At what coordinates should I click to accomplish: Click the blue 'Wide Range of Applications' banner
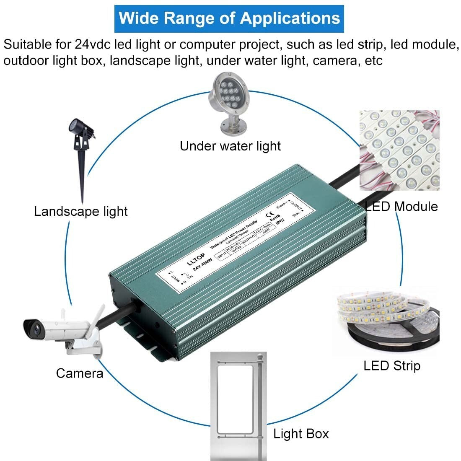(229, 19)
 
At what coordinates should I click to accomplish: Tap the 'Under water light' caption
(230, 146)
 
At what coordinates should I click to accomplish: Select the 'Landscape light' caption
(81, 211)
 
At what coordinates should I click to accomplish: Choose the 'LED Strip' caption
(391, 365)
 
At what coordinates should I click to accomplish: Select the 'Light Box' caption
(301, 433)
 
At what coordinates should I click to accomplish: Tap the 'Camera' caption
(80, 373)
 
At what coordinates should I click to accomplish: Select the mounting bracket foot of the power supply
(138, 335)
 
